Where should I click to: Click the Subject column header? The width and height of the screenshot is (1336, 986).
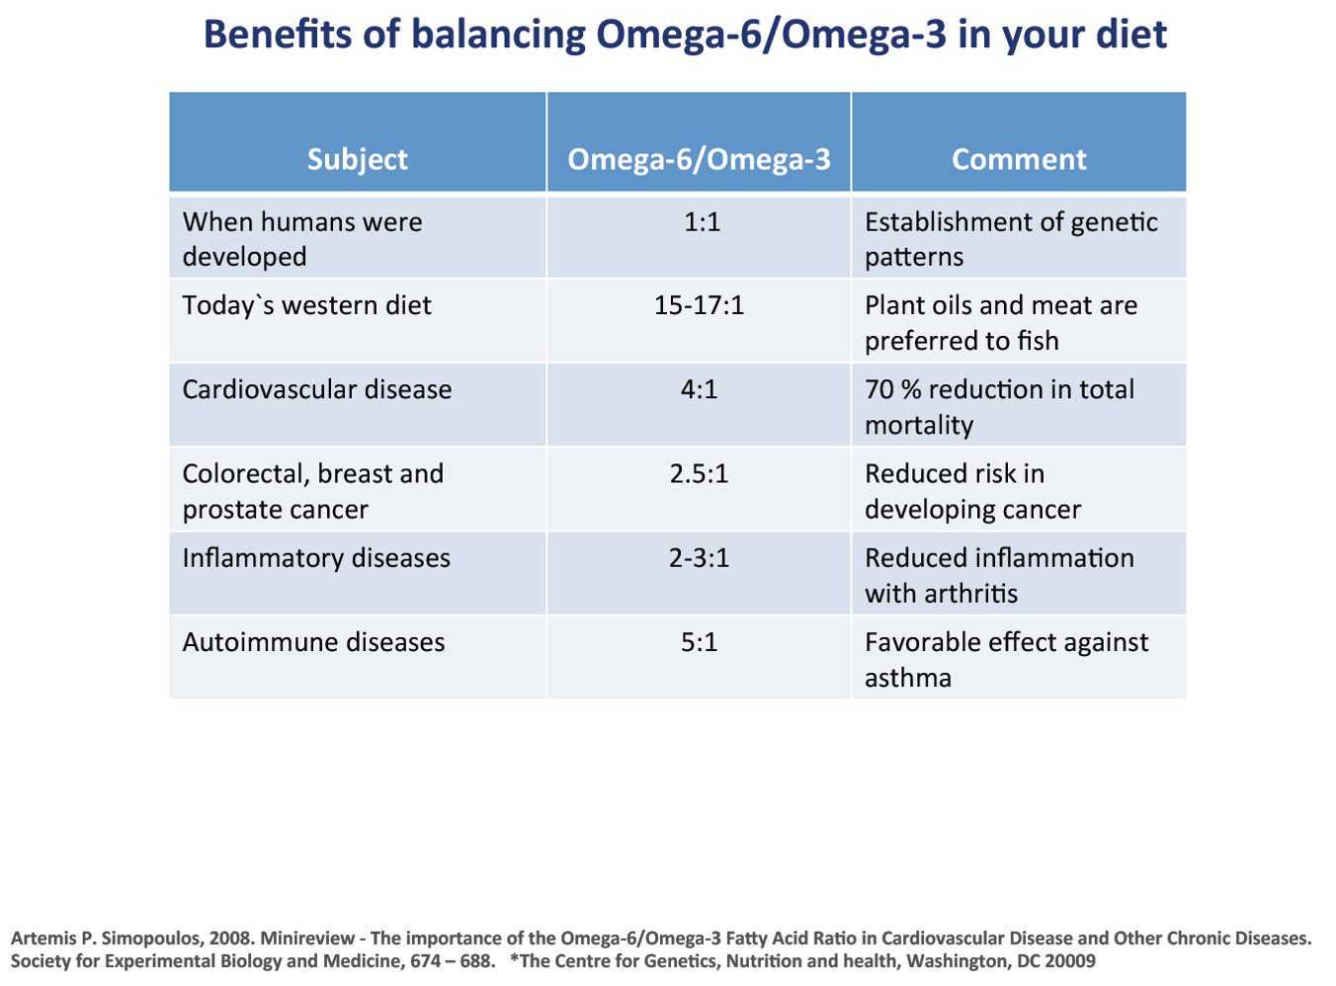[x=357, y=159]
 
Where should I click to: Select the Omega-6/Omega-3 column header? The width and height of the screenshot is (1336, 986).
[x=699, y=159]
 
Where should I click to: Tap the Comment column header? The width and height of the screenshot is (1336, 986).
[x=1018, y=159]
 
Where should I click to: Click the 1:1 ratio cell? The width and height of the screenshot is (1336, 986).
[x=702, y=222]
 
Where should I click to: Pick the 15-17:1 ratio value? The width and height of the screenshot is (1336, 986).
[x=699, y=305]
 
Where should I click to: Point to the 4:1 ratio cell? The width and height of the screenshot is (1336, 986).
[x=699, y=389]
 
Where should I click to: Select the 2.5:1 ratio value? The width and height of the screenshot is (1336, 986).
[x=699, y=474]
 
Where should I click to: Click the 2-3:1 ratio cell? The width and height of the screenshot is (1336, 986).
[x=699, y=558]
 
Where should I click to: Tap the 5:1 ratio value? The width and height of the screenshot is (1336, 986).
[x=699, y=642]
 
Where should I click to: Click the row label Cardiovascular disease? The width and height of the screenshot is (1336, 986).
[x=316, y=389]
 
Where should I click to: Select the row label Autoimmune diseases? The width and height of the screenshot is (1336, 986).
[x=313, y=642]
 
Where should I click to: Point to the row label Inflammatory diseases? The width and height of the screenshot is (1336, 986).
[x=315, y=558]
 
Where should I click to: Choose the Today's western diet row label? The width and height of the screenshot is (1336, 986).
[x=306, y=305]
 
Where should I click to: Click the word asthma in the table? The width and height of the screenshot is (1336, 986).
[x=907, y=679]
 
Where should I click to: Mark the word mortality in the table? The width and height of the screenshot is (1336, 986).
[x=918, y=426]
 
